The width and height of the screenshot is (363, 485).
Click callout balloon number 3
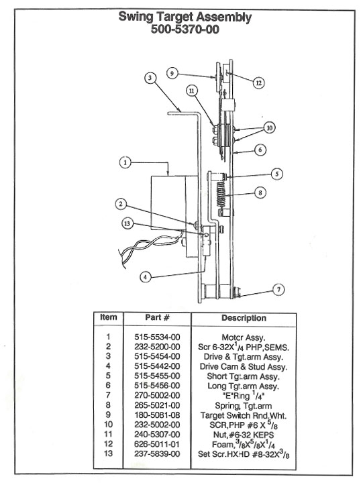click(x=150, y=78)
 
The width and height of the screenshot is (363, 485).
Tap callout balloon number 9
click(x=172, y=73)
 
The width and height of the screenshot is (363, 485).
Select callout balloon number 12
click(x=258, y=83)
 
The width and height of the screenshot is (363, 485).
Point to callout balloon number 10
click(x=270, y=127)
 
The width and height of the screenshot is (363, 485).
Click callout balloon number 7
click(x=278, y=290)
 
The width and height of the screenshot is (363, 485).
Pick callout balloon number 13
click(x=127, y=223)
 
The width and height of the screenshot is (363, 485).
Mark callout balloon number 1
click(x=125, y=162)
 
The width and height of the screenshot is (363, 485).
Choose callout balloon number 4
click(x=145, y=277)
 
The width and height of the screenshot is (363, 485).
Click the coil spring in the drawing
click(x=221, y=194)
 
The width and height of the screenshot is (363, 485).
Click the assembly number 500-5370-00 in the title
click(x=185, y=30)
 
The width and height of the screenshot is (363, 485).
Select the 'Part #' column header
click(x=157, y=318)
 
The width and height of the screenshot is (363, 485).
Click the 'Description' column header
click(x=244, y=318)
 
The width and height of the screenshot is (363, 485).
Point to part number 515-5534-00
click(x=157, y=337)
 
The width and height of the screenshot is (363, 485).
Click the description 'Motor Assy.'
click(x=244, y=337)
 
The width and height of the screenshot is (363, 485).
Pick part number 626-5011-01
click(x=157, y=444)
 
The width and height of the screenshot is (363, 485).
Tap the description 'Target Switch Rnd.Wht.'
click(x=244, y=415)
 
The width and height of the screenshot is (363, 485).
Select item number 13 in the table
click(x=108, y=453)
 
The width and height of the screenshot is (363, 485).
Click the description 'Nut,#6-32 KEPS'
click(x=244, y=435)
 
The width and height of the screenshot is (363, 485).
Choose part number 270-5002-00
click(x=157, y=395)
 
